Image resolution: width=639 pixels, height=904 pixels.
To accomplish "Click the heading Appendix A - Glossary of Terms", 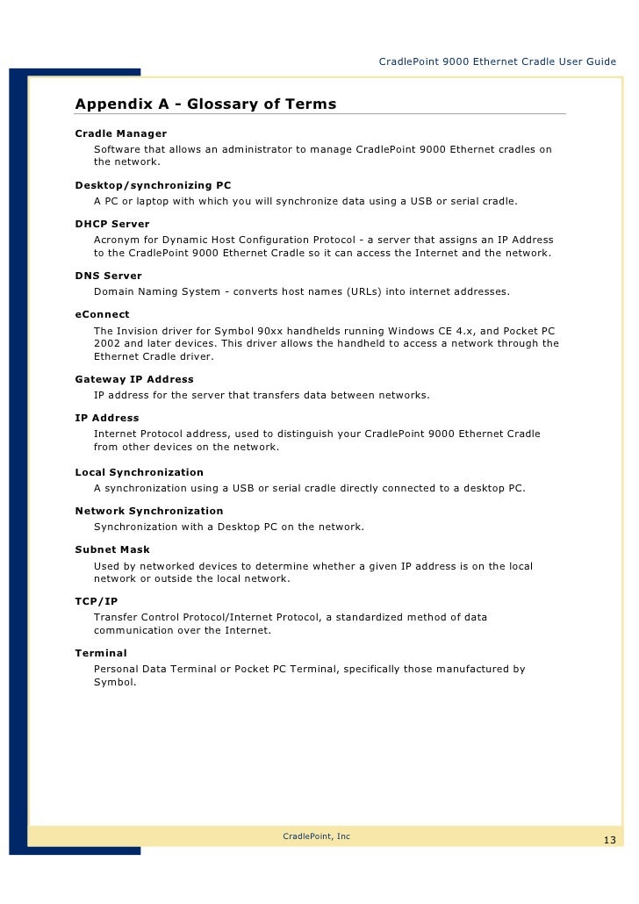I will point(205,104).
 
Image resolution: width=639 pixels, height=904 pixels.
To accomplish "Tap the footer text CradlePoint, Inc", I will point(316,836).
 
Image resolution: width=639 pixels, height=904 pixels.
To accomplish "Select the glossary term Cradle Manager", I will point(120,133).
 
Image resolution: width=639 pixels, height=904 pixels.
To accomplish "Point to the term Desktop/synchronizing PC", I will point(153,186).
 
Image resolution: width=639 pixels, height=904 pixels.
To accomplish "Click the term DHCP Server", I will point(112,224).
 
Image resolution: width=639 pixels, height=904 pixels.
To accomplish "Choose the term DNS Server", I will point(108,276).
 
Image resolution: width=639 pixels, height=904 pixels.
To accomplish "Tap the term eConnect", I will point(102,314).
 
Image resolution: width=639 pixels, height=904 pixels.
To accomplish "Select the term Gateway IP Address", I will point(134,379).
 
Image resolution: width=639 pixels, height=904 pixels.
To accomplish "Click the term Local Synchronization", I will point(139,472).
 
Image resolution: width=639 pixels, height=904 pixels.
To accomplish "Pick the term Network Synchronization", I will point(149,511).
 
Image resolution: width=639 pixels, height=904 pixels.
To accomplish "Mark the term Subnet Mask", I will point(112,549).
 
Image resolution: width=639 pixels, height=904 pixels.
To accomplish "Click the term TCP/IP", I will point(96,601).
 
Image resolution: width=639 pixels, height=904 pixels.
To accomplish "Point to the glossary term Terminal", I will point(101,653).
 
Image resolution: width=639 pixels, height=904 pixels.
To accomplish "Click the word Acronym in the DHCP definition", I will point(118,240).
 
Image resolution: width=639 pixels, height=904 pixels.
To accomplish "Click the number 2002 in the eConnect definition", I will point(107,343).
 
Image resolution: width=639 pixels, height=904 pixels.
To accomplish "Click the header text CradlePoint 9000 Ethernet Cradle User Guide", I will point(497,61).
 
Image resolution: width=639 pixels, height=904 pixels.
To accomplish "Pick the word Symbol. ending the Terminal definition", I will point(114,682).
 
